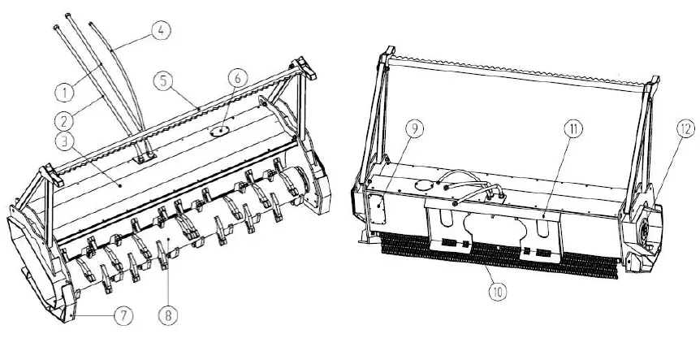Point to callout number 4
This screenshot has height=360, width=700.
coord(161,32)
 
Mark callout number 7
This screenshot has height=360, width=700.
coord(121,316)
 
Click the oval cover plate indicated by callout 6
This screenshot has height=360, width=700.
coord(218,128)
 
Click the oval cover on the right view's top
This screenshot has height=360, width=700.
coord(423,184)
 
